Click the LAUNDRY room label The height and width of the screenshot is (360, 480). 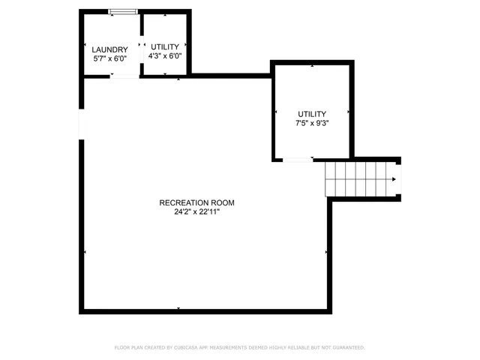[110, 50]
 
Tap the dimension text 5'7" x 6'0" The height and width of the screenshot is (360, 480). [110, 58]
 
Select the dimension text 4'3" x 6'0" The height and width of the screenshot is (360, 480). [166, 55]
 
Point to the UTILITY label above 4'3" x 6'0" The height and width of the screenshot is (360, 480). [166, 46]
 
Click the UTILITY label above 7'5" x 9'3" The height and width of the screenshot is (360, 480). [312, 113]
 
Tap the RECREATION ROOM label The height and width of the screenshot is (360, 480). [197, 202]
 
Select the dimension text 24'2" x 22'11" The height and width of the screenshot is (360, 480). [197, 211]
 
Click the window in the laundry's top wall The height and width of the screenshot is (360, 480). [123, 11]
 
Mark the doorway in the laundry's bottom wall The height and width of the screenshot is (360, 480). [124, 76]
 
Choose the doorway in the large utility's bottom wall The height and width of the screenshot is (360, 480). [298, 160]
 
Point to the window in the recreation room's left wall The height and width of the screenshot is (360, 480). [81, 124]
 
